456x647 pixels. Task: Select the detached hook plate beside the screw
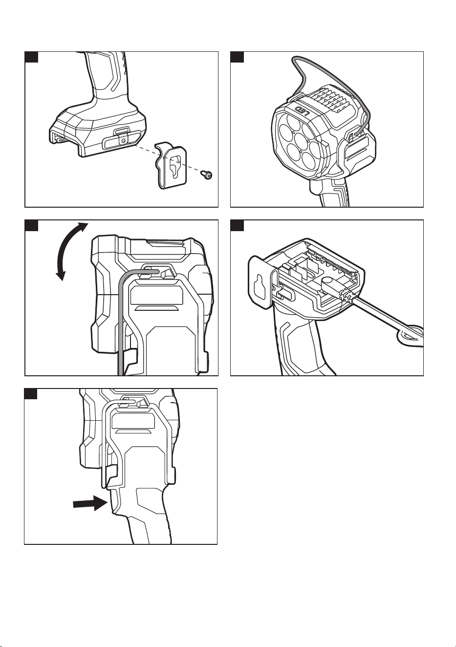click(171, 165)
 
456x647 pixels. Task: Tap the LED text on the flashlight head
click(303, 110)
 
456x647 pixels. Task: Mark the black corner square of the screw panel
click(31, 57)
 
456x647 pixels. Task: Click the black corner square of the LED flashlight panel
click(237, 57)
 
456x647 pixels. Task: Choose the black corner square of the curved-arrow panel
click(31, 225)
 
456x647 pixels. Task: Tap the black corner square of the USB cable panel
click(237, 225)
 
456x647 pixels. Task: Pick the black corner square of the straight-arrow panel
click(31, 394)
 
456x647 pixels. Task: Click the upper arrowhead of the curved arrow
click(83, 227)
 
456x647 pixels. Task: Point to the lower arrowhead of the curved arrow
click(61, 275)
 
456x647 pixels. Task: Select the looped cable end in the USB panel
click(411, 336)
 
